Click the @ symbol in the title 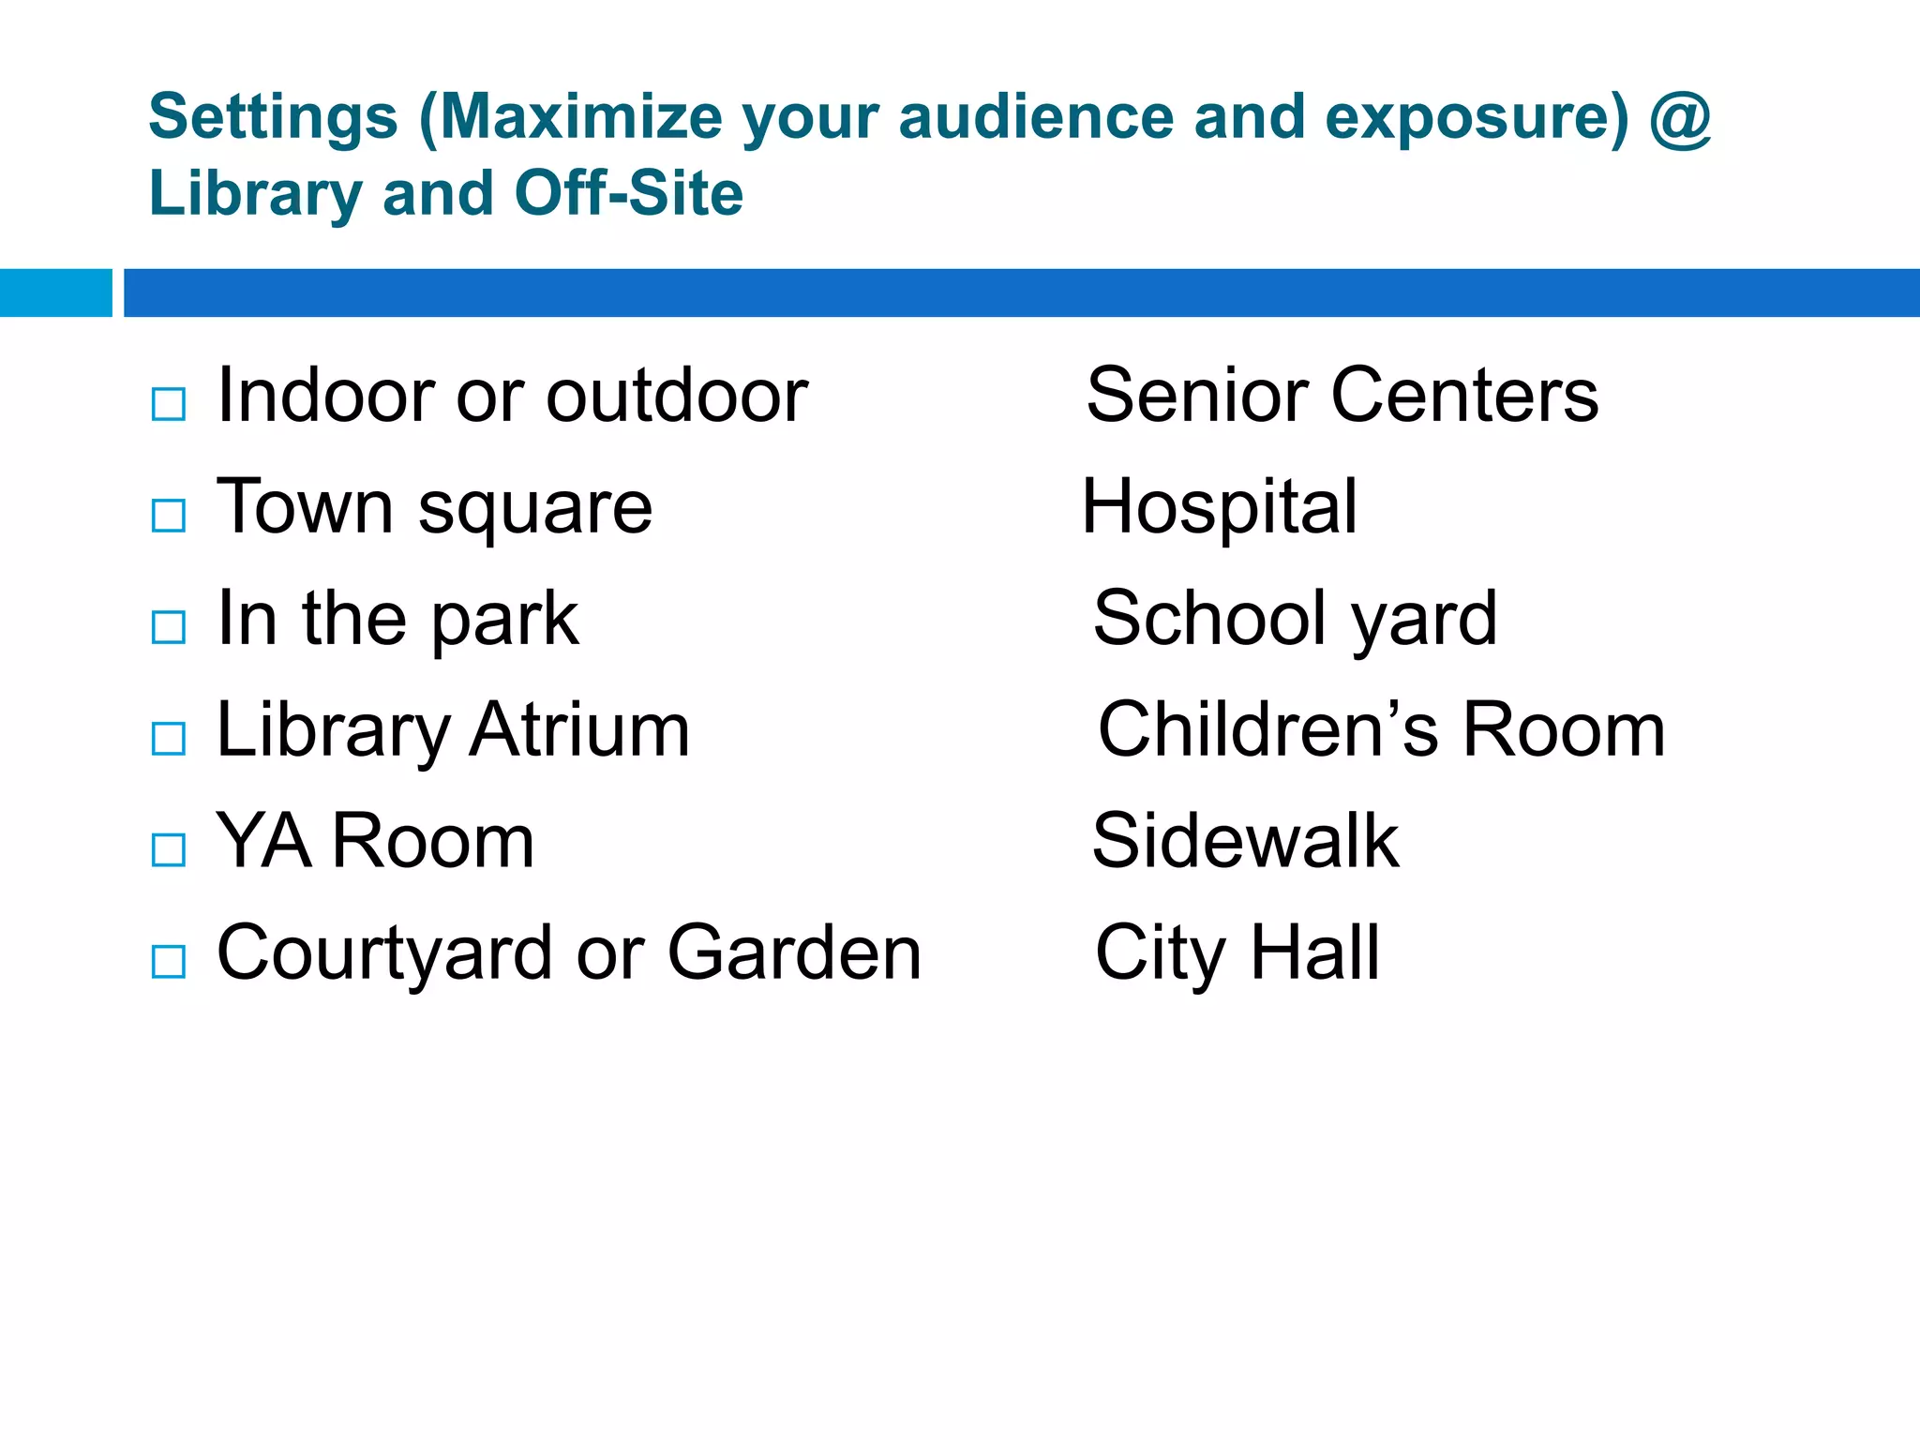coord(1680,119)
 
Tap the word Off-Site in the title coord(628,193)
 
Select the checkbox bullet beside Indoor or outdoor coord(169,404)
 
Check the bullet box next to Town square coord(169,515)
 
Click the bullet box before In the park coord(169,626)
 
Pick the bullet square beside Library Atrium coord(169,738)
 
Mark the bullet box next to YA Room coord(169,849)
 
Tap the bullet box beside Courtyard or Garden coord(169,961)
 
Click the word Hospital coord(1219,507)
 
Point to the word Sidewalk coord(1245,841)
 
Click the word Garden coord(794,952)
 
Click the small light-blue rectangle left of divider coord(55,292)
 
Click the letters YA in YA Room coord(263,841)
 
